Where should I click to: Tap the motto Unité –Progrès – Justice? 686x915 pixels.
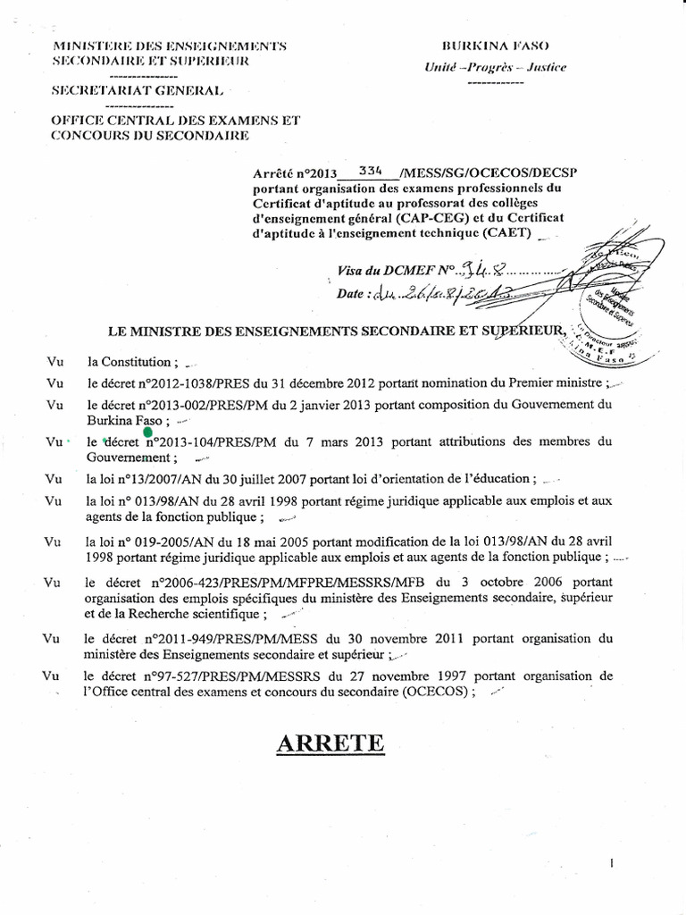[495, 68]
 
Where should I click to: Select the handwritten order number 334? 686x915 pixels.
[370, 169]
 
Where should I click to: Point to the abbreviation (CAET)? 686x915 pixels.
[504, 234]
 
